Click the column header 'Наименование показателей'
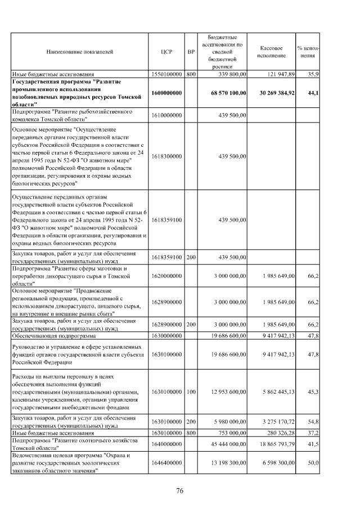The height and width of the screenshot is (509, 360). [x=80, y=51]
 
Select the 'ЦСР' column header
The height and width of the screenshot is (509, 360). [x=166, y=51]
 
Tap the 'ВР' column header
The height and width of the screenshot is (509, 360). [x=191, y=51]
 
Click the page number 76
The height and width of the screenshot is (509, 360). [x=180, y=491]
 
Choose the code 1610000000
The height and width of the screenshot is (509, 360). [x=166, y=115]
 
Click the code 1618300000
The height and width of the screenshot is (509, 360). [x=166, y=156]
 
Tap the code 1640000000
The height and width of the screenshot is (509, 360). [x=166, y=444]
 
